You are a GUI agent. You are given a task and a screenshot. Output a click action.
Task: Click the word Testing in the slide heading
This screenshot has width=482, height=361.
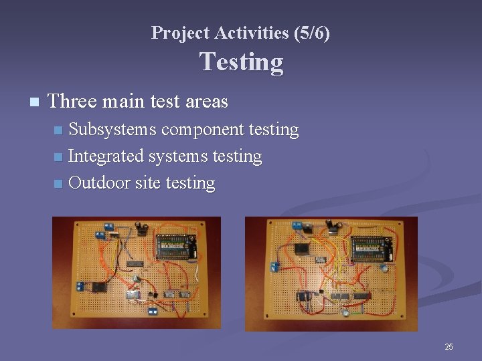pos(241,62)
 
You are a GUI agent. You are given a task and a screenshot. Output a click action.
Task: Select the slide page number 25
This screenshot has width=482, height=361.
pos(449,346)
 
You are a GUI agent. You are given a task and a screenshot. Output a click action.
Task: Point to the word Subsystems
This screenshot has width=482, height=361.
pos(112,129)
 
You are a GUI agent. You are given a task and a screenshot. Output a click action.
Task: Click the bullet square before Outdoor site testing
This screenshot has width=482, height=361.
pos(59,183)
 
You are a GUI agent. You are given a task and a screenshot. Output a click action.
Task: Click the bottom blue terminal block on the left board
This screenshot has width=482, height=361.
pos(153,311)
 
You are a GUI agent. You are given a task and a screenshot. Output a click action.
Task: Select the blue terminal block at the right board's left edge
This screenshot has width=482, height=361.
pos(275,267)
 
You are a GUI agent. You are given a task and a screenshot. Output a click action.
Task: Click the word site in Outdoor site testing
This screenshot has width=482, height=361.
pos(147,183)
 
